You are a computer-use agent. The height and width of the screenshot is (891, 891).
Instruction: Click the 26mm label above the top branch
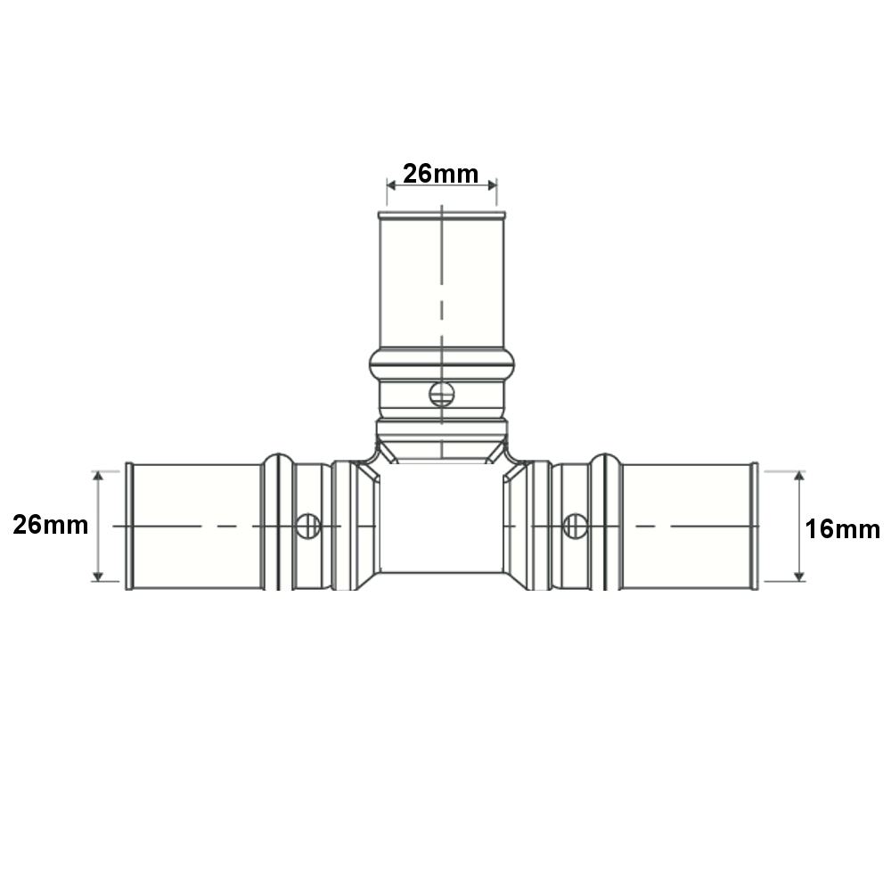click(441, 174)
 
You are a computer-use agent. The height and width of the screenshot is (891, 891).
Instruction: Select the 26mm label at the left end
click(51, 525)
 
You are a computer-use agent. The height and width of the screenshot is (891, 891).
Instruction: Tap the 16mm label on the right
click(843, 529)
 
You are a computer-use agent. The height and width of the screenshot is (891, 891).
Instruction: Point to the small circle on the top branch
click(442, 395)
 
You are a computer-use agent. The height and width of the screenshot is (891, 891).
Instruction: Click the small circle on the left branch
click(308, 527)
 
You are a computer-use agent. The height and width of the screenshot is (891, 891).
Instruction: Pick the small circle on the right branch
click(575, 527)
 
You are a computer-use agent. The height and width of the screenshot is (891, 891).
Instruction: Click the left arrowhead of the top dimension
click(391, 185)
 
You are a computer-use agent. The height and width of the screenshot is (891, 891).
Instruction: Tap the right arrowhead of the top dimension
click(492, 185)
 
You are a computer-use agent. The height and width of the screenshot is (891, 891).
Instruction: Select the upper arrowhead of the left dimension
click(98, 476)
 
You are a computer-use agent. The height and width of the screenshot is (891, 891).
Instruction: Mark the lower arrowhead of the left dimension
click(98, 576)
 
